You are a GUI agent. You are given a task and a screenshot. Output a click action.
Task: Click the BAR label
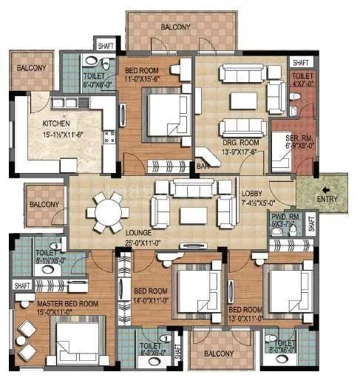click(x=202, y=167)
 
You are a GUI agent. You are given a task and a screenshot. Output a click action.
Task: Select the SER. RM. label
click(x=281, y=138)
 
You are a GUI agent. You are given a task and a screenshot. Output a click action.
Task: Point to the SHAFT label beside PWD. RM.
click(x=311, y=223)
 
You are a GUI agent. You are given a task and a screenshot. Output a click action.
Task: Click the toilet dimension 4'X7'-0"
click(x=303, y=84)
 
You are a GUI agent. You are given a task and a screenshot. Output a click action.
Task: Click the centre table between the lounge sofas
click(x=193, y=215)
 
